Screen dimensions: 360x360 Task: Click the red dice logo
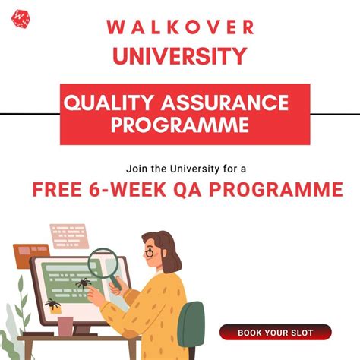pyautogui.click(x=21, y=16)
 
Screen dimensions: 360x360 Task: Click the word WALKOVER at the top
pyautogui.click(x=180, y=27)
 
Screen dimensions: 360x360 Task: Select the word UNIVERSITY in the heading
pyautogui.click(x=180, y=56)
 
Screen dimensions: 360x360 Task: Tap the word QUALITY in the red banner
pyautogui.click(x=106, y=102)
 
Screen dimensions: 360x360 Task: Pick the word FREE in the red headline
pyautogui.click(x=58, y=189)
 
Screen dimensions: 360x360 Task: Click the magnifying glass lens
pyautogui.click(x=102, y=264)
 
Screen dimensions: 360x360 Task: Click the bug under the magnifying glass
pyautogui.click(x=82, y=284)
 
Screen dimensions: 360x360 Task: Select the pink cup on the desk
pyautogui.click(x=65, y=325)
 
